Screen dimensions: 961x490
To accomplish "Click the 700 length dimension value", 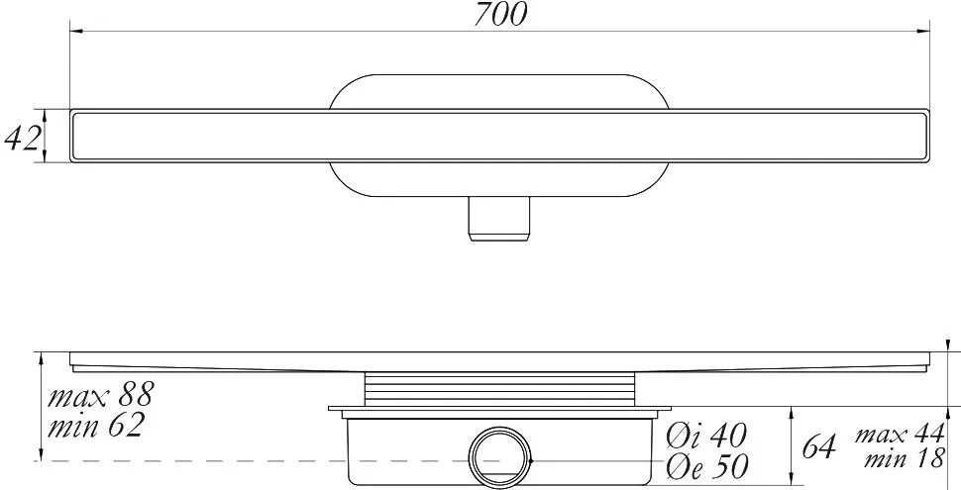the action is tap(500, 15).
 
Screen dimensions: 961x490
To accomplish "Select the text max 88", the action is tap(100, 395).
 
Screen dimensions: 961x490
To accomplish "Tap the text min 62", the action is tap(96, 425).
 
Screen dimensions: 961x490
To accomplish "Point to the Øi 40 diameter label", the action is tap(707, 436).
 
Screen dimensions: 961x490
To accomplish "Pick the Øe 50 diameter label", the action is tap(708, 466).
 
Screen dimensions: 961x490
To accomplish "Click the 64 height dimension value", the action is tap(818, 446).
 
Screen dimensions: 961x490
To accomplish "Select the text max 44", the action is tap(900, 435).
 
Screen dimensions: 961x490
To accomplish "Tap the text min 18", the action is tap(905, 458).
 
